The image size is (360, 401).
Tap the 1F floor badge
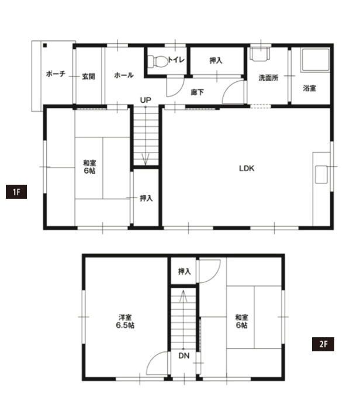click(x=16, y=192)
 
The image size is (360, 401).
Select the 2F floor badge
click(x=323, y=344)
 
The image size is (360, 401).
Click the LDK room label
click(x=247, y=168)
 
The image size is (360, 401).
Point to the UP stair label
click(x=146, y=100)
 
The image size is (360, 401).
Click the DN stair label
click(x=184, y=355)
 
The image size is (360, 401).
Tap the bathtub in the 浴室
click(x=316, y=60)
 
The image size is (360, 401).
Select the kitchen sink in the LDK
click(x=321, y=174)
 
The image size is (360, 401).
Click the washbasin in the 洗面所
click(x=259, y=54)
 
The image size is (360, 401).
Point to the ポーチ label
click(x=56, y=74)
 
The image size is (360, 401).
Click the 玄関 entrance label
click(x=88, y=76)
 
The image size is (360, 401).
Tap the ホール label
click(x=124, y=75)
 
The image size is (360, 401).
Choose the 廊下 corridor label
click(x=197, y=92)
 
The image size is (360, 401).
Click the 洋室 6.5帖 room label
click(x=125, y=322)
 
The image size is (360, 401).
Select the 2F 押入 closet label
click(x=184, y=271)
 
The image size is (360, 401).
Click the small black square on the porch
click(x=45, y=46)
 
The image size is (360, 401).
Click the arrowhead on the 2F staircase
click(x=183, y=296)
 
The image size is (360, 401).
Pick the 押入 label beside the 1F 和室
click(x=146, y=198)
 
